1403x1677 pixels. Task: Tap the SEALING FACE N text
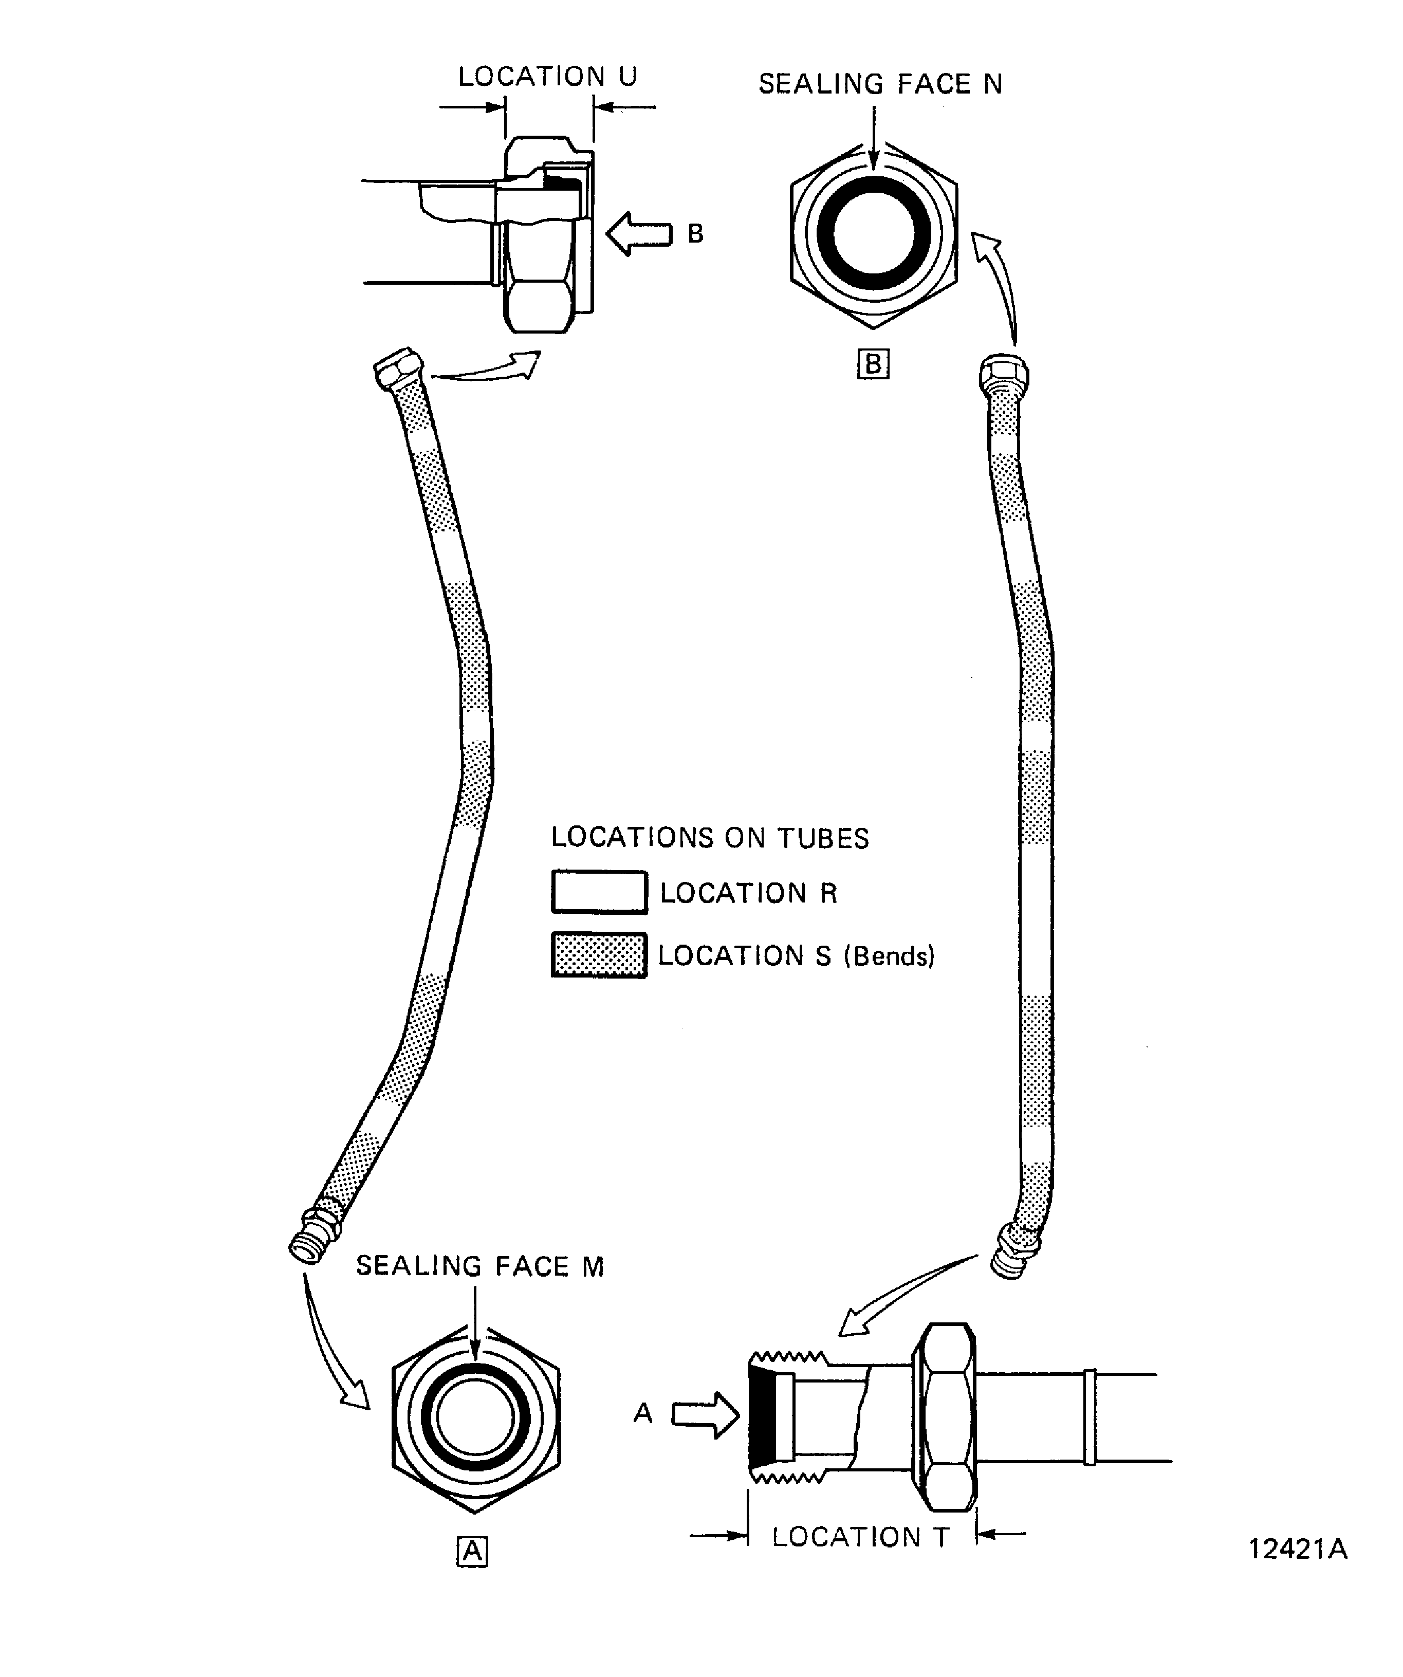[x=879, y=84]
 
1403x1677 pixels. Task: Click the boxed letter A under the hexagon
[x=472, y=1552]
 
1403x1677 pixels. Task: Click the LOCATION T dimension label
[x=860, y=1537]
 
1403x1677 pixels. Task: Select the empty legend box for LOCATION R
[x=599, y=892]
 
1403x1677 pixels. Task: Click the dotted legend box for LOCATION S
[x=599, y=955]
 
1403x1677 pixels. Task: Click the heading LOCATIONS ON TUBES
[x=709, y=838]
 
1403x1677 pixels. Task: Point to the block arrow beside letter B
[x=639, y=234]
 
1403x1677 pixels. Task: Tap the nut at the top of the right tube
[x=1003, y=374]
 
